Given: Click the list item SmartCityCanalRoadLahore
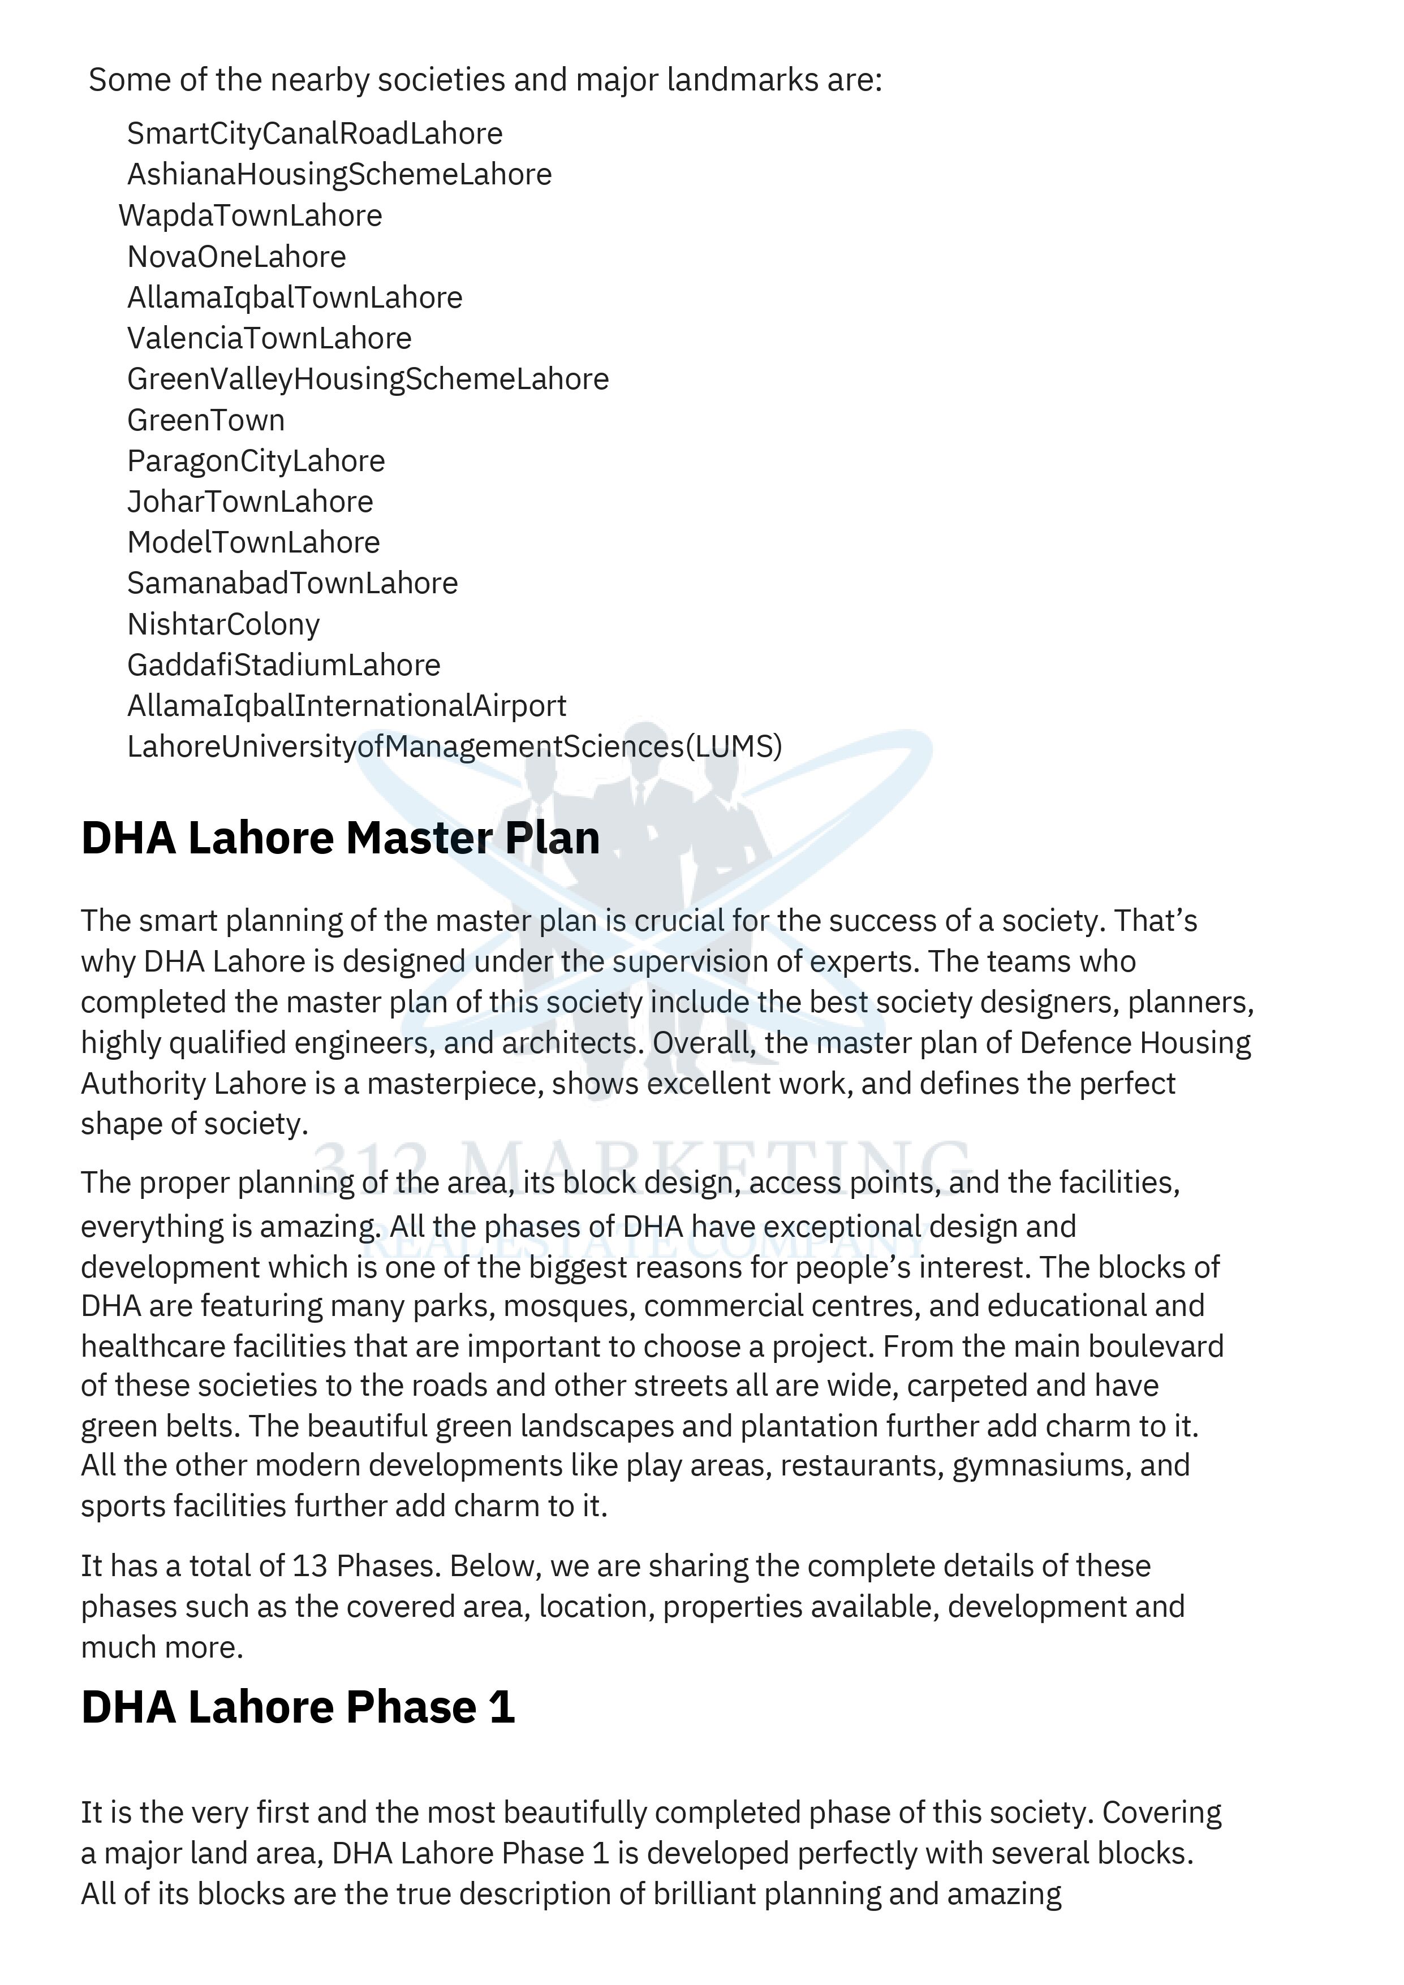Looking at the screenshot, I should (x=315, y=134).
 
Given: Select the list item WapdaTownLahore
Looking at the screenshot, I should (x=250, y=216).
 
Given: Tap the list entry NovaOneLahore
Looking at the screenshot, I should (x=236, y=257).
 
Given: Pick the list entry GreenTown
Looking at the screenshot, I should (x=206, y=420).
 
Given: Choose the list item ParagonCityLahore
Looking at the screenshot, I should (x=256, y=461).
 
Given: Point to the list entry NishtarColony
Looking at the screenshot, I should (x=223, y=624).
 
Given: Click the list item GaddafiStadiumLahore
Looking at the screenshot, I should (x=283, y=665).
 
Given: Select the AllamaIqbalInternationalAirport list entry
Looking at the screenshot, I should (x=347, y=705).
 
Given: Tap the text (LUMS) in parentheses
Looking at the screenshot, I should (x=733, y=746).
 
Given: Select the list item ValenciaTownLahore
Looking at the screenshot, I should (x=269, y=338).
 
